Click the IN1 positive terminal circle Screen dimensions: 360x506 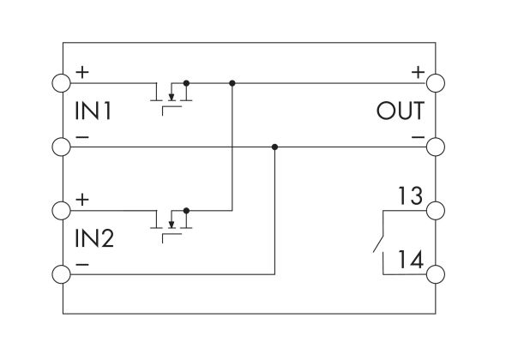[63, 83]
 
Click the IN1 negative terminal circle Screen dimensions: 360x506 [63, 147]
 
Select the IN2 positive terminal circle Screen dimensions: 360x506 [63, 210]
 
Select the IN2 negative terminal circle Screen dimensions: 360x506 [63, 274]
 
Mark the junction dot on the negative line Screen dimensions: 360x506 [274, 147]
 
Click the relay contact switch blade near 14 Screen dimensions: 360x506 [378, 243]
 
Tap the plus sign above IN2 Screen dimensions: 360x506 [82, 199]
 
